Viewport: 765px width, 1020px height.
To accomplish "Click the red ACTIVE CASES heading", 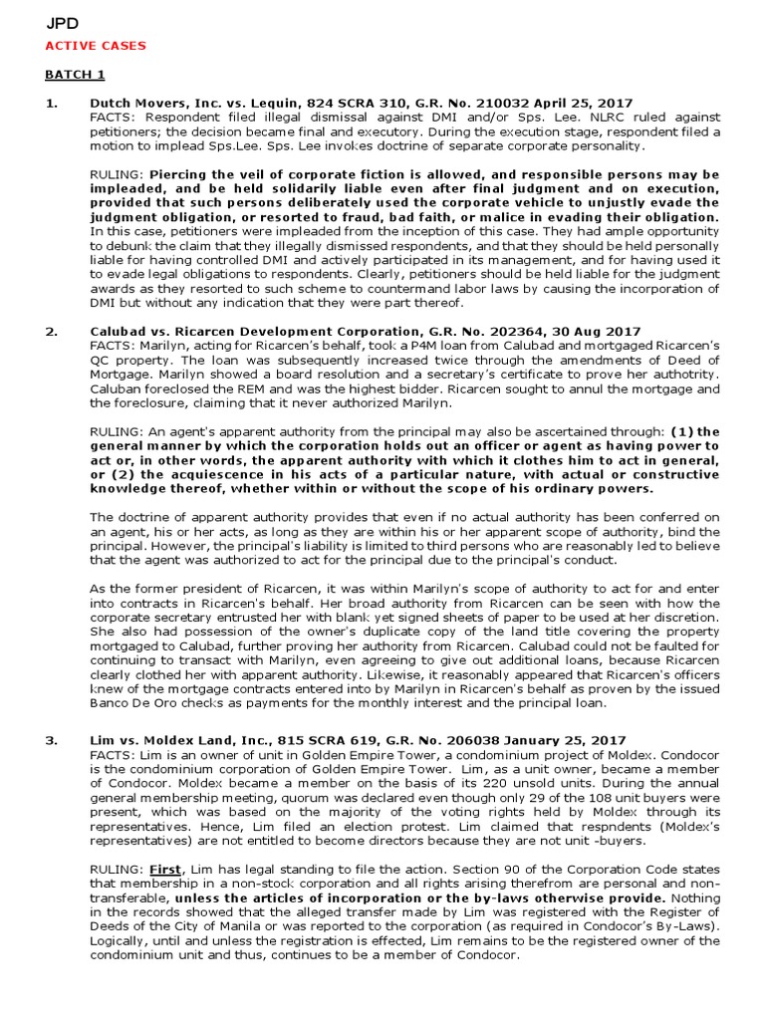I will coord(96,46).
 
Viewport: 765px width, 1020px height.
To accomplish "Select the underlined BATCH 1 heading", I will coord(75,75).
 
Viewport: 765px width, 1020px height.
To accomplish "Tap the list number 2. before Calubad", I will coord(52,330).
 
